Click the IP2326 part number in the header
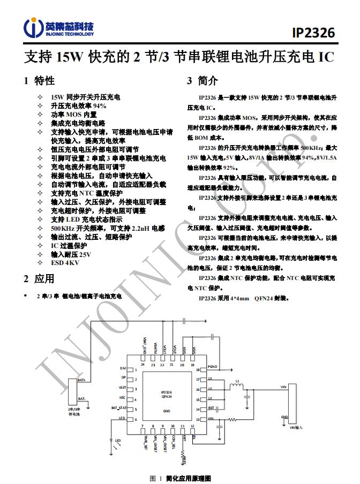point(313,33)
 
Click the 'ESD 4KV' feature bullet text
point(65,263)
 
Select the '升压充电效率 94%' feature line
point(78,106)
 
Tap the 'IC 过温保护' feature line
point(69,246)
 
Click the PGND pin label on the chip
point(212,367)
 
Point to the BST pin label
point(211,409)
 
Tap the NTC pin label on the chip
point(122,398)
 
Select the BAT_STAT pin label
point(118,407)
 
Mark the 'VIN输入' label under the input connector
point(296,428)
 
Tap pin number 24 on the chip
point(143,364)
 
